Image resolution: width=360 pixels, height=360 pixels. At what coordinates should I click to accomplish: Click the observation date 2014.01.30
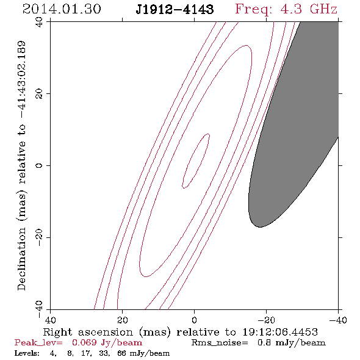point(62,9)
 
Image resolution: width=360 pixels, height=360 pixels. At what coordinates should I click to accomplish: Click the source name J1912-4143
point(175,10)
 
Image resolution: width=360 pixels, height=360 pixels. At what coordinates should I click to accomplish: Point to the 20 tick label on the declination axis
point(39,94)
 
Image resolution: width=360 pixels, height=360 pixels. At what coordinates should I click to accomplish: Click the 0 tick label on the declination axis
point(39,165)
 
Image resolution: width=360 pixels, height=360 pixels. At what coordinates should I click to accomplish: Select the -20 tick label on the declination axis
point(39,237)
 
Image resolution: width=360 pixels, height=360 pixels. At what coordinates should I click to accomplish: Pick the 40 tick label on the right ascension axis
point(51,320)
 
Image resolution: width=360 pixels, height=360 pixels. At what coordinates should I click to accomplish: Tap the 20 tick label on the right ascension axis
point(123,320)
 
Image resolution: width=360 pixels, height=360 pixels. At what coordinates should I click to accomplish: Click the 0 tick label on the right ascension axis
point(195,320)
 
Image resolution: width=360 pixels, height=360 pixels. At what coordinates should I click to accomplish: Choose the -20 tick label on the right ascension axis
point(266,320)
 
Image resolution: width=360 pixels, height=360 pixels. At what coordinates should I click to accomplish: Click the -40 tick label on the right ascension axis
point(338,320)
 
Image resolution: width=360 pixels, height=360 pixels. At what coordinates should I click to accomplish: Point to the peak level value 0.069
point(84,342)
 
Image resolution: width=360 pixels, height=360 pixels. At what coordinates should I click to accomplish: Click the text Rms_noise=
point(220,343)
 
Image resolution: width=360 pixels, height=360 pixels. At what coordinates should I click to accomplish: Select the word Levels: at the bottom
point(27,353)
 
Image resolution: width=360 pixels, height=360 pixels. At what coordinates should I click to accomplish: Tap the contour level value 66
point(121,353)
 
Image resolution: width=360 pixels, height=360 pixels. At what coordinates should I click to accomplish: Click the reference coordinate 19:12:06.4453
point(280,332)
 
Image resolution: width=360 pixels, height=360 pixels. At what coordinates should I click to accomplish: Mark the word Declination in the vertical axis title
point(21,259)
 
